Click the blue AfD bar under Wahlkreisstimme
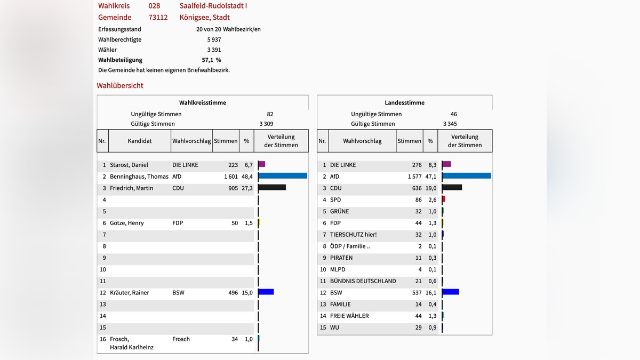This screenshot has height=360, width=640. pyautogui.click(x=283, y=176)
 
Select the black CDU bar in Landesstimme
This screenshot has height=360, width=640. pyautogui.click(x=452, y=188)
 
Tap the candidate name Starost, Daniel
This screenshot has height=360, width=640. pyautogui.click(x=129, y=165)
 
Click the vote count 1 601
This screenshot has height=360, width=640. pyautogui.click(x=231, y=177)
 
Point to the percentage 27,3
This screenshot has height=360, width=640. pyautogui.click(x=248, y=188)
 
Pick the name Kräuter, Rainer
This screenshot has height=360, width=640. pyautogui.click(x=130, y=293)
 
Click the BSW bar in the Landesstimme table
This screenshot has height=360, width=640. pyautogui.click(x=451, y=292)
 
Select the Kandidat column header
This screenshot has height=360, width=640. pyautogui.click(x=140, y=141)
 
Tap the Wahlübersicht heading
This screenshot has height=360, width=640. pyautogui.click(x=120, y=85)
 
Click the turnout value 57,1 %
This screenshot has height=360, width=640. pyautogui.click(x=211, y=60)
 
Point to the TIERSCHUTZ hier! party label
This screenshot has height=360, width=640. pyautogui.click(x=353, y=235)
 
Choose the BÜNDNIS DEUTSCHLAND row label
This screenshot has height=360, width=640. pyautogui.click(x=363, y=281)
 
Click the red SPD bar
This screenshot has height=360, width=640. pyautogui.click(x=444, y=199)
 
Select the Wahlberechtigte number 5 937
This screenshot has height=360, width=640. pyautogui.click(x=214, y=39)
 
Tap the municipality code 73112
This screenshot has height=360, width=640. pyautogui.click(x=158, y=17)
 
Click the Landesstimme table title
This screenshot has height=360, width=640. pyautogui.click(x=404, y=102)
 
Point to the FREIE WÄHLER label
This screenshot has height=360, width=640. pyautogui.click(x=349, y=316)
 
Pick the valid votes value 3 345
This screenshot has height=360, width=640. pyautogui.click(x=449, y=124)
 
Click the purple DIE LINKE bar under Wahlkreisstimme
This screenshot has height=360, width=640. pyautogui.click(x=262, y=165)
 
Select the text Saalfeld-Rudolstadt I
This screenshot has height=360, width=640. pyautogui.click(x=213, y=6)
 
